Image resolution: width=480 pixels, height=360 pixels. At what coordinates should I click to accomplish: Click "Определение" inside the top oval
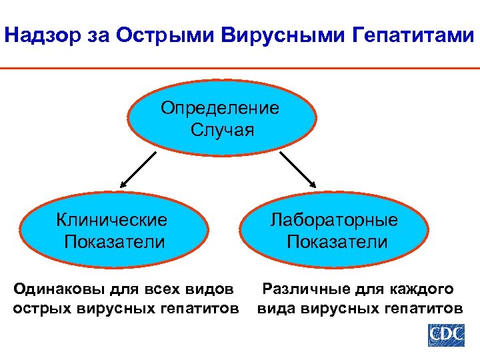coord(220,107)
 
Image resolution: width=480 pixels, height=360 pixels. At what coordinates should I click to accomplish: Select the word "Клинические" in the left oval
coord(112,219)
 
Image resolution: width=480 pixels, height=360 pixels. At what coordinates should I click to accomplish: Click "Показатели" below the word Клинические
coord(114,241)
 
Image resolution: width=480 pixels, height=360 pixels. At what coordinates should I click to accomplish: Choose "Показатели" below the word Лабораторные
coord(337,241)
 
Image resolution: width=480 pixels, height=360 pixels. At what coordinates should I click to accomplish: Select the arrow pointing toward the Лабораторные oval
coord(299,169)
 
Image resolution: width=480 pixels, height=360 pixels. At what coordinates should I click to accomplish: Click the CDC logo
coord(445,334)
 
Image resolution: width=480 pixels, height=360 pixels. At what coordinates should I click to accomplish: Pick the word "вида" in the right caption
coord(277,309)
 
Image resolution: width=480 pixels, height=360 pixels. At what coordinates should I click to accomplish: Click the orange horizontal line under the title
coord(240,68)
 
